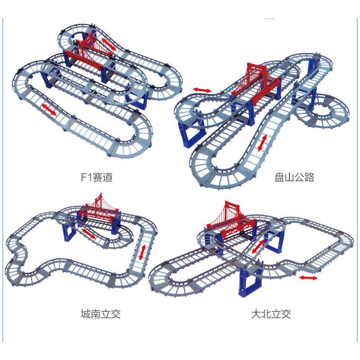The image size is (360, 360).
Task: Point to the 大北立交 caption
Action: click(x=271, y=314)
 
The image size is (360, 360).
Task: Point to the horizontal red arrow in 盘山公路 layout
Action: click(x=202, y=90)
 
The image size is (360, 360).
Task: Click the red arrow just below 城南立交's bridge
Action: click(x=88, y=234)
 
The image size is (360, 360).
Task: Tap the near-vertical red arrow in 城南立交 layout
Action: click(x=142, y=252)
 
